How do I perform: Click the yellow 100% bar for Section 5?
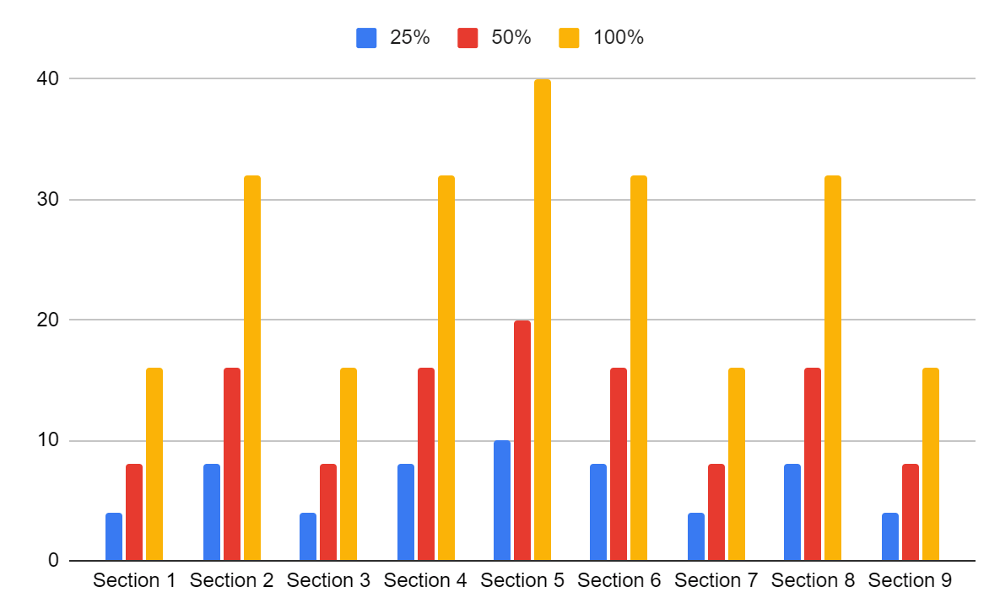[x=542, y=320]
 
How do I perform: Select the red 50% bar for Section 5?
[x=522, y=440]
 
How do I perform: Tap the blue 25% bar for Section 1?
[x=114, y=536]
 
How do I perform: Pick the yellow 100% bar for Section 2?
[x=252, y=368]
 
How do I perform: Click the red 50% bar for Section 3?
[x=328, y=512]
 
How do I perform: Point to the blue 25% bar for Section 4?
[x=406, y=512]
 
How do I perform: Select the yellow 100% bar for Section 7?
[x=737, y=464]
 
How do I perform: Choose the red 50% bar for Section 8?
[x=813, y=464]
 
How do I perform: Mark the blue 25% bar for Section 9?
[x=890, y=536]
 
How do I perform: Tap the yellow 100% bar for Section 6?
[x=639, y=368]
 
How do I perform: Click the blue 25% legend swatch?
[x=366, y=38]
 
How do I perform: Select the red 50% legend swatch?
[x=468, y=38]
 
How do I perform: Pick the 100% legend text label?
[x=619, y=38]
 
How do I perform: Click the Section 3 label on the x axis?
[x=328, y=581]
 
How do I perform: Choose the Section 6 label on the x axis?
[x=619, y=581]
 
